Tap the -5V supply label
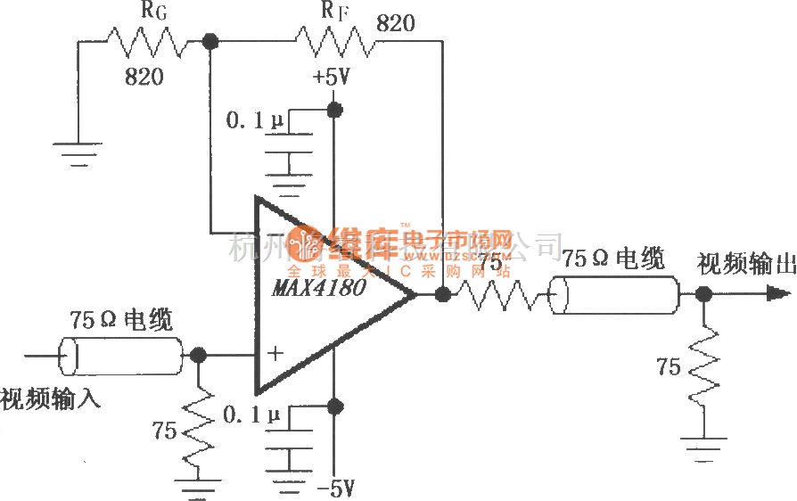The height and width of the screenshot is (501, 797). click(x=335, y=488)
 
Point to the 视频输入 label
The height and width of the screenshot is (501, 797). click(x=50, y=398)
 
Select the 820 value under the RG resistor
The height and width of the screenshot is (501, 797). click(x=144, y=78)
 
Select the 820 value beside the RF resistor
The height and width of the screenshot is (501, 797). click(x=396, y=23)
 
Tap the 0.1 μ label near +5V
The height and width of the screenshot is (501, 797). click(x=253, y=122)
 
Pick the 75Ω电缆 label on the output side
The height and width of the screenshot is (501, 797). click(x=613, y=260)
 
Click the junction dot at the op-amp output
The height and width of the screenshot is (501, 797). click(x=441, y=292)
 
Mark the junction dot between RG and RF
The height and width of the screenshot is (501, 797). click(x=210, y=40)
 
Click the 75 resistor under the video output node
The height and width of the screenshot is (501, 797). click(x=704, y=365)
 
